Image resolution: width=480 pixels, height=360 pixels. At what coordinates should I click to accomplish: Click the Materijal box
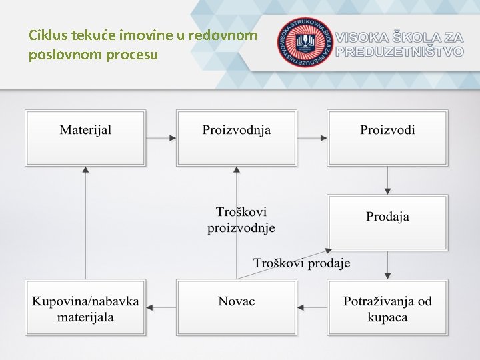85,137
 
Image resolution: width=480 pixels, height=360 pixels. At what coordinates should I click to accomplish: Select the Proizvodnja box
237,137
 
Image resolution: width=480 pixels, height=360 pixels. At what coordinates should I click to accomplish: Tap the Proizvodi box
387,137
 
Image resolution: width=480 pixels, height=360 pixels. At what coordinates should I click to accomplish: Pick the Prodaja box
387,222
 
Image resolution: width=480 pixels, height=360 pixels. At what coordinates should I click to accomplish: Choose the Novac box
237,307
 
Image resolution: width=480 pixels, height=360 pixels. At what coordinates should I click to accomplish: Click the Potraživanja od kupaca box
387,307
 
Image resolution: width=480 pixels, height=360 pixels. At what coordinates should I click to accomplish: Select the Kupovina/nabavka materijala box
85,307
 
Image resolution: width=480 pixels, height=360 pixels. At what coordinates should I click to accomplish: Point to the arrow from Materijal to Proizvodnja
161,138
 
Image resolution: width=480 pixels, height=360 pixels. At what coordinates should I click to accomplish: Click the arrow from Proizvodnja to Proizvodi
312,138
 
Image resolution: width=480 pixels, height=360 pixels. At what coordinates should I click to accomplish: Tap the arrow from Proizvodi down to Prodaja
388,180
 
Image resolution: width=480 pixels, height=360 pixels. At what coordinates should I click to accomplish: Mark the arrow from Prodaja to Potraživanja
388,265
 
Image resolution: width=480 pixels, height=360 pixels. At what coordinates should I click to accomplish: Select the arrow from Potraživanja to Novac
312,307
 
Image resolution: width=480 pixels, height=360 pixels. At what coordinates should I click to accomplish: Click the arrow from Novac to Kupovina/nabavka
161,307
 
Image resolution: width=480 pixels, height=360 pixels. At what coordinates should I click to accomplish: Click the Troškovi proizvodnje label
241,220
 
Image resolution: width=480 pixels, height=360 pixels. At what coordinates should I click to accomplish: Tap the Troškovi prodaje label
301,263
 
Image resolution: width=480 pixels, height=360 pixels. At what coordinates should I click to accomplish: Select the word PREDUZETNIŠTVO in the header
400,51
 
